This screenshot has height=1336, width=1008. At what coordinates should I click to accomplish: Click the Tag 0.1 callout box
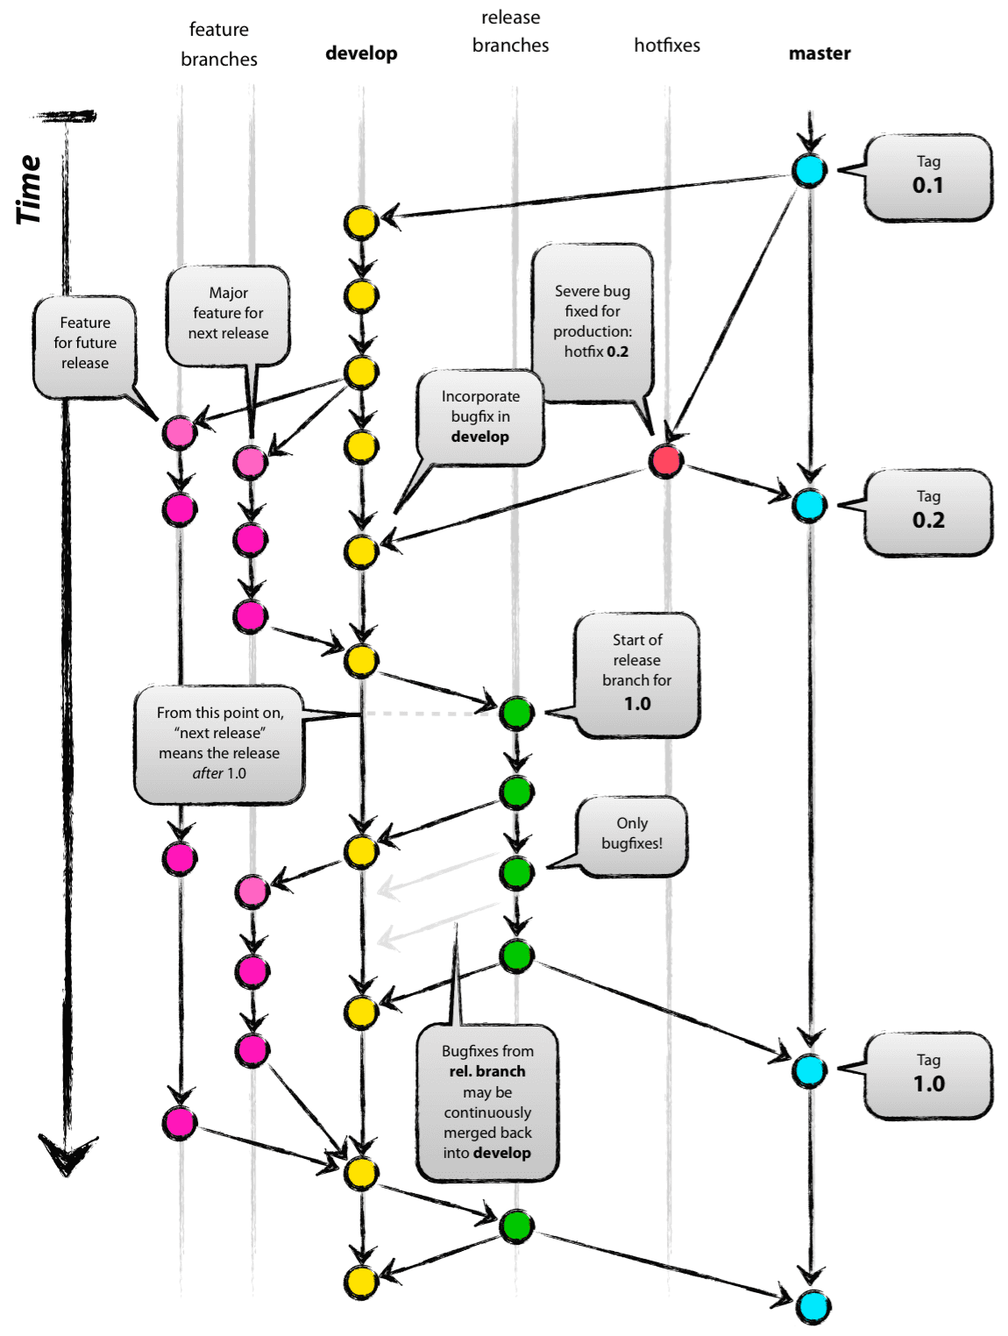click(x=927, y=177)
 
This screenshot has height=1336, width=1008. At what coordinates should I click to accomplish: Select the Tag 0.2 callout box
click(x=927, y=512)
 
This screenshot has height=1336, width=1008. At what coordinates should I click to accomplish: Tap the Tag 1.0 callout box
click(x=927, y=1075)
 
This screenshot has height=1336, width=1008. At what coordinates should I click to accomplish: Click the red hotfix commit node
click(x=666, y=459)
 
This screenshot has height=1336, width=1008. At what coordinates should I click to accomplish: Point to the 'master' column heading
click(x=819, y=53)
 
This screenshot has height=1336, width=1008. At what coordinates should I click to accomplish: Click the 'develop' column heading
click(x=361, y=53)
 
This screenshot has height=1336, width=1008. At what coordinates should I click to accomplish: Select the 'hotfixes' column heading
click(x=667, y=46)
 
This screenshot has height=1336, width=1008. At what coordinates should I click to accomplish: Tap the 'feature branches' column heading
click(x=219, y=44)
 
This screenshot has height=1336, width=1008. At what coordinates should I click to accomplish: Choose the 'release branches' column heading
click(x=510, y=32)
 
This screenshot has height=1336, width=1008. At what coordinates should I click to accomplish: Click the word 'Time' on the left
click(x=29, y=189)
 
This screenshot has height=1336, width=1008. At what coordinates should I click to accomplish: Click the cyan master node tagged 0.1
click(x=809, y=170)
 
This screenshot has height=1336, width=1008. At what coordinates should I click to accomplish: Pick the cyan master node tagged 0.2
click(x=809, y=506)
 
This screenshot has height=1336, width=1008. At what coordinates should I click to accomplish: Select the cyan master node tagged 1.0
click(x=809, y=1070)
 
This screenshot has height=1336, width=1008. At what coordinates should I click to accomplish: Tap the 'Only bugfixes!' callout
click(x=632, y=835)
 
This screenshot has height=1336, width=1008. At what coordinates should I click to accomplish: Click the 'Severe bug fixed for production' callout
click(x=593, y=322)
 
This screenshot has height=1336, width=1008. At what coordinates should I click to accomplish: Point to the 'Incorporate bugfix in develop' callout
click(x=480, y=416)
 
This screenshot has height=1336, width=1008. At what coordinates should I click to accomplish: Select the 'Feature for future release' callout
click(x=85, y=344)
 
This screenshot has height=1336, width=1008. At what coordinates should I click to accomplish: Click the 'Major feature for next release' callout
click(x=228, y=314)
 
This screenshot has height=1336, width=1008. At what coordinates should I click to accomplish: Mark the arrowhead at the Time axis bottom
click(x=67, y=1152)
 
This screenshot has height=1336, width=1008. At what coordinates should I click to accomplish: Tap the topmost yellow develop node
click(x=361, y=223)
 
